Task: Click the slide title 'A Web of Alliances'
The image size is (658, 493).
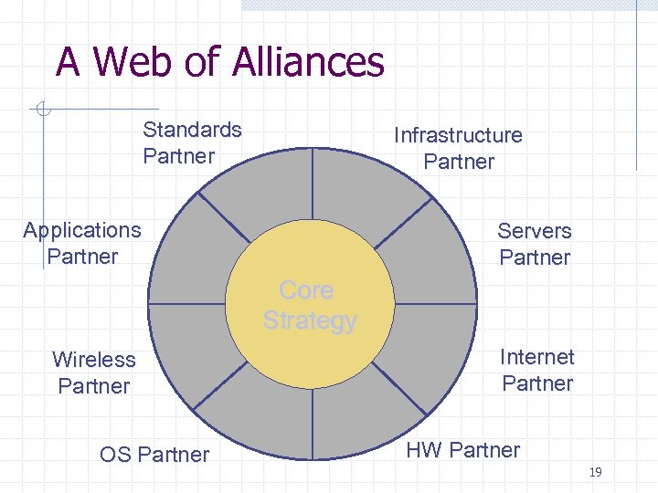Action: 220,62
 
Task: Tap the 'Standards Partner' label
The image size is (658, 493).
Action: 192,142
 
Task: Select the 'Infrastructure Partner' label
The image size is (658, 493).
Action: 458,148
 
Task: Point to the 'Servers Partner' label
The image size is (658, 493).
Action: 535,244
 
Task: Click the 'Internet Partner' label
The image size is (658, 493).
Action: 537,370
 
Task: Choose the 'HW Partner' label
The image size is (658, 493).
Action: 462,450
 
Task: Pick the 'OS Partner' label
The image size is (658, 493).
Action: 154,455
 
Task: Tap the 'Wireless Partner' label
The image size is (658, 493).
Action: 94,372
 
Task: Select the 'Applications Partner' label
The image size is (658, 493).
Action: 82,243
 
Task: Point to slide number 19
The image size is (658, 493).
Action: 595,472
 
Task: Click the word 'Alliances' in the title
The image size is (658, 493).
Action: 308,62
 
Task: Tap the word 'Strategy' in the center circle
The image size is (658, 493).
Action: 310,321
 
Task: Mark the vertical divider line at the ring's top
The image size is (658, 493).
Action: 312,183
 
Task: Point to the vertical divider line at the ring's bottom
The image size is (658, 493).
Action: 312,425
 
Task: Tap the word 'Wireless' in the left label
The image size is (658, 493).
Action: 94,360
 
